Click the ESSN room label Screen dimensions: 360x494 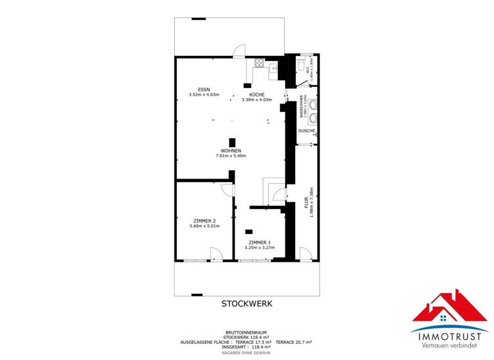click(203, 89)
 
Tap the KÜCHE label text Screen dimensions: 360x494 click(257, 94)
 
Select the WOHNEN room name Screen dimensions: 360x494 click(231, 150)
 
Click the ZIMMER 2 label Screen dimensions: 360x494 click(204, 221)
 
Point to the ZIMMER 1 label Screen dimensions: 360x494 click(261, 242)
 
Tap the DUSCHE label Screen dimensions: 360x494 click(306, 130)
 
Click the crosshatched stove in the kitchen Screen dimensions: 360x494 click(259, 63)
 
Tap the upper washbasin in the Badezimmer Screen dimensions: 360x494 click(313, 104)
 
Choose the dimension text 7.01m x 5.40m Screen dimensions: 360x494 click(231, 156)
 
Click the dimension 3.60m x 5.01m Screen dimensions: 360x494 click(204, 226)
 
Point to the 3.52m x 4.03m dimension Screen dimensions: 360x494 click(203, 94)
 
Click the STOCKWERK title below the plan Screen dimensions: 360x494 click(248, 303)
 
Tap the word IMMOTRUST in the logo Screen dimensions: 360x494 click(450, 334)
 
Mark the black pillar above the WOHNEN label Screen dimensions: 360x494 click(232, 142)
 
